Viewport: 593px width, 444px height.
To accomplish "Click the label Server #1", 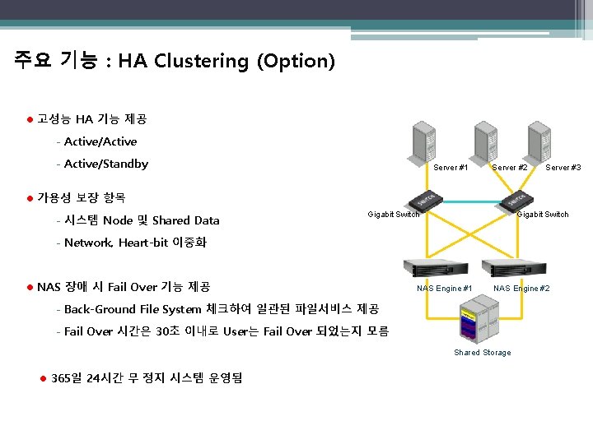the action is pos(451,168).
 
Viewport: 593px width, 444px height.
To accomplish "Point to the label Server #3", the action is pos(563,168).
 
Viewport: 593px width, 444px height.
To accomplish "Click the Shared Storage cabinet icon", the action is pos(479,322).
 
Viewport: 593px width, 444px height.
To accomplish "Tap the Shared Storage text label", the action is pos(483,353).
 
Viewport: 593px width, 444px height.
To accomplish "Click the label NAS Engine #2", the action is pos(521,289).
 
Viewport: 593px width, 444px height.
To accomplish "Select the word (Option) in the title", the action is pos(296,61).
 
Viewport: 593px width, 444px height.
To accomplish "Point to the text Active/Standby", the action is pos(105,164).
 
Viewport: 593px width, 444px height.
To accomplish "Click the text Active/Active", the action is pos(100,141).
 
